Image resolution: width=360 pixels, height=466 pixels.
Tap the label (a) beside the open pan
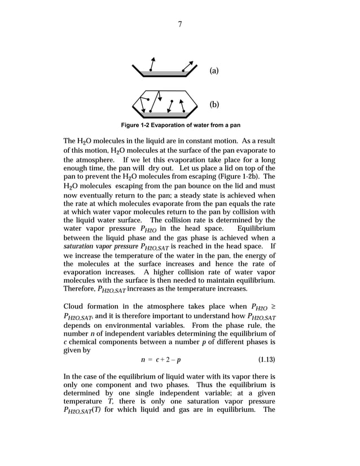tap(214, 71)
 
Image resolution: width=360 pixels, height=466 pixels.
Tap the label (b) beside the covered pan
tap(214, 104)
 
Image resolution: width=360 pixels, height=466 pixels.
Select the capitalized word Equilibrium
tap(256, 228)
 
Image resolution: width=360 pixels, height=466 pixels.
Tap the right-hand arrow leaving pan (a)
tap(190, 65)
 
